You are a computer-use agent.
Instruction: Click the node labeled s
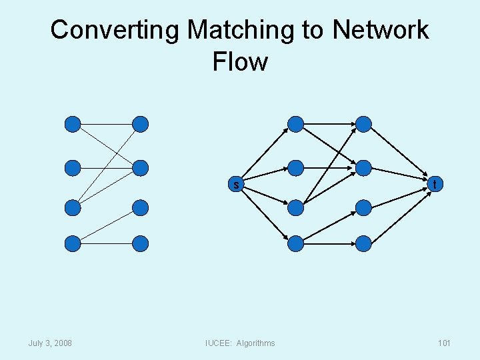pyautogui.click(x=236, y=185)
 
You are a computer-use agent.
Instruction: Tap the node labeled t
pyautogui.click(x=435, y=184)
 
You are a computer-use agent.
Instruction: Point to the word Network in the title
pyautogui.click(x=381, y=30)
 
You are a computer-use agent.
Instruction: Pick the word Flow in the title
pyautogui.click(x=240, y=62)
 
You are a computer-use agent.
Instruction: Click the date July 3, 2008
pyautogui.click(x=50, y=343)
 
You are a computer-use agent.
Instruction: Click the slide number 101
pyautogui.click(x=444, y=343)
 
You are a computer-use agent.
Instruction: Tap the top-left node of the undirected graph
pyautogui.click(x=73, y=124)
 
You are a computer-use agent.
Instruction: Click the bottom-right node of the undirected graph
pyautogui.click(x=141, y=244)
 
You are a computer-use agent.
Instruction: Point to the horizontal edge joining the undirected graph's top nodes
pyautogui.click(x=107, y=124)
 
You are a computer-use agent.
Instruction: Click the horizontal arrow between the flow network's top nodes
pyautogui.click(x=329, y=124)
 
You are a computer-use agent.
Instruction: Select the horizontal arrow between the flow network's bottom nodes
pyautogui.click(x=329, y=244)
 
